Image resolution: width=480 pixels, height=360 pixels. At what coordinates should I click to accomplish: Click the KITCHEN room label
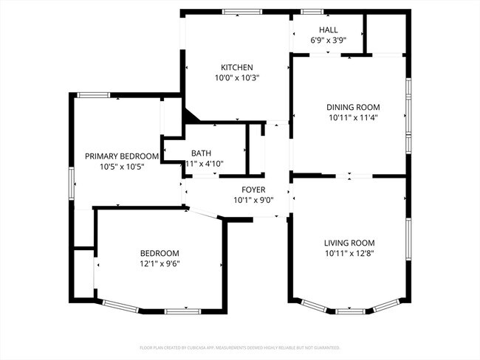(236, 66)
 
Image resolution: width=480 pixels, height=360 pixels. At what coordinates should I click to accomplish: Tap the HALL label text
(329, 30)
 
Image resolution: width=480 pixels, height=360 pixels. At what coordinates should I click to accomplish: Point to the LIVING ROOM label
(349, 243)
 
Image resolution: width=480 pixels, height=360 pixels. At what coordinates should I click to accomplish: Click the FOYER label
(253, 190)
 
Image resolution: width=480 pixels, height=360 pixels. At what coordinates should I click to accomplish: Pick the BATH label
(202, 153)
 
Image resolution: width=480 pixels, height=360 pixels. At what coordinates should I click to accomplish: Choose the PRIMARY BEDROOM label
(122, 156)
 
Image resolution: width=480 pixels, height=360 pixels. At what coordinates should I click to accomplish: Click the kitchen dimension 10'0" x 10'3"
(236, 77)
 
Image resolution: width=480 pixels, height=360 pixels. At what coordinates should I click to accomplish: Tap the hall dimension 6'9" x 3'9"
(329, 41)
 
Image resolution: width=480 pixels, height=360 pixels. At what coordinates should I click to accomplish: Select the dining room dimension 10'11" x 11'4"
(353, 117)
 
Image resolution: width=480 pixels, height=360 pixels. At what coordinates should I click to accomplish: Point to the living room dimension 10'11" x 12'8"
(349, 254)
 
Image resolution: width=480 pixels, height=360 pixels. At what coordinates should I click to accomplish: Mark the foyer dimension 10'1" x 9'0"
(253, 200)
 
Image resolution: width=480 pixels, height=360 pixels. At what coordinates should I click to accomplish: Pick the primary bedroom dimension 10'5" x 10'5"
(122, 167)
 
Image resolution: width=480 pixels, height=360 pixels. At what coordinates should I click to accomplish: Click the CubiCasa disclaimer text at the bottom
(239, 347)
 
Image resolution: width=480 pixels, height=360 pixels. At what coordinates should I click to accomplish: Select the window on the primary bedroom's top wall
(94, 94)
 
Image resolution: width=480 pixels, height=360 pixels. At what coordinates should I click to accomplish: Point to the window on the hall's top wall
(311, 11)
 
